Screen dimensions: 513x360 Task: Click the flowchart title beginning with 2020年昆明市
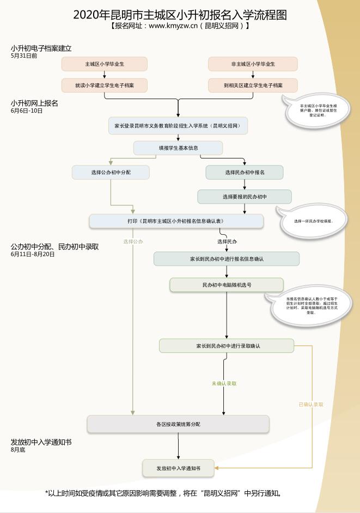click(x=180, y=15)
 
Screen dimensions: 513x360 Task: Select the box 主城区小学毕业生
click(x=105, y=64)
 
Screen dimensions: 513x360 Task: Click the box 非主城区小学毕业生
click(x=253, y=64)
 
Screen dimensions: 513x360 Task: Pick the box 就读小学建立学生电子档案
click(x=105, y=85)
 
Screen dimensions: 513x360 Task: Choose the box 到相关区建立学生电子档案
click(x=253, y=85)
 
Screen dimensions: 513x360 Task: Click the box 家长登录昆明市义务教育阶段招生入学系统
click(x=178, y=125)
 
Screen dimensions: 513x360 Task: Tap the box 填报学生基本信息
click(x=178, y=148)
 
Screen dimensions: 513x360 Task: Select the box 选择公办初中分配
click(x=111, y=172)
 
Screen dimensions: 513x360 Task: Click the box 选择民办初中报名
click(x=245, y=172)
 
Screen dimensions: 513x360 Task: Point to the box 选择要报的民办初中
click(x=244, y=197)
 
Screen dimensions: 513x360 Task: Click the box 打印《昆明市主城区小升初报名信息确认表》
click(x=176, y=221)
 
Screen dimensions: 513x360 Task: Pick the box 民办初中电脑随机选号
click(x=227, y=285)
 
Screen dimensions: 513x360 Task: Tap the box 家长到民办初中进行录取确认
click(x=227, y=346)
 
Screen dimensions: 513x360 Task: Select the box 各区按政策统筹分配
click(x=178, y=424)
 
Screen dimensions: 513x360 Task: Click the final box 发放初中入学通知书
click(x=178, y=468)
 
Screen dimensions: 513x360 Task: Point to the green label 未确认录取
click(x=224, y=383)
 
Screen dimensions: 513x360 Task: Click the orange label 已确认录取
click(x=311, y=405)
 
